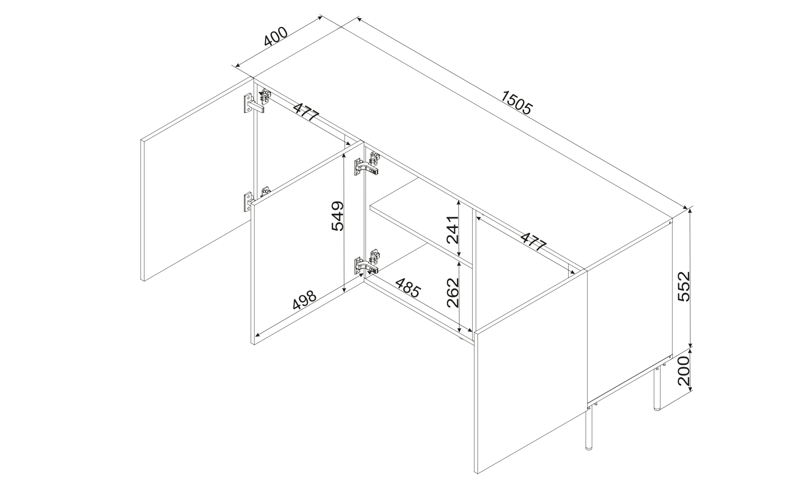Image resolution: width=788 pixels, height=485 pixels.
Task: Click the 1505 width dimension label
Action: pos(516,103)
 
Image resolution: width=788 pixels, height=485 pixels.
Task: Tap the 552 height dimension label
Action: pos(684,286)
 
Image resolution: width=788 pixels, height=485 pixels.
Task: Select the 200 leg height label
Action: pos(684,371)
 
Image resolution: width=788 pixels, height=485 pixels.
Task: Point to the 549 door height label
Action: pos(337,216)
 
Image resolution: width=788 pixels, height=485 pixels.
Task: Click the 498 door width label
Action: pos(304,300)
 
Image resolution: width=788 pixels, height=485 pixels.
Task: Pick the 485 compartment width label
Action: pos(408,288)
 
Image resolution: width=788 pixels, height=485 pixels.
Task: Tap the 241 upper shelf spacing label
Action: pos(453,230)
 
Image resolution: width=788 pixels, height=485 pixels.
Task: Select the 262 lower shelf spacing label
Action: pos(453,293)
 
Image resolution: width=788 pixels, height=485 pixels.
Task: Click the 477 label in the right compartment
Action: pos(533,241)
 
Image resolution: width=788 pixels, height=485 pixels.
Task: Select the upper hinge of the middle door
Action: pos(368,164)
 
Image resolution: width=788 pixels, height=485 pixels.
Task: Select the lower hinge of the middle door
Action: pos(368,262)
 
